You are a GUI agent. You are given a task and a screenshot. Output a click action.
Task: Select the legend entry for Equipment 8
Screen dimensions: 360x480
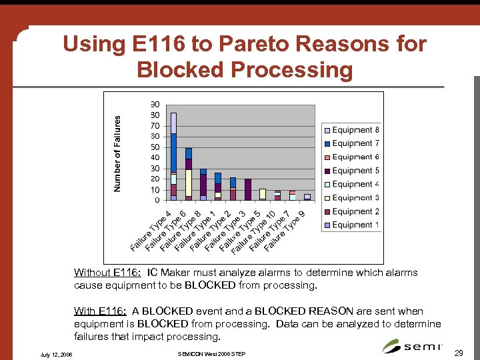351,130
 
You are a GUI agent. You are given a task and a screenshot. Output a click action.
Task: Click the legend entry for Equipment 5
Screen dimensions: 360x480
351,171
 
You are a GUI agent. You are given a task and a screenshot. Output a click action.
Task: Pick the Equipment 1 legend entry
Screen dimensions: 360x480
351,225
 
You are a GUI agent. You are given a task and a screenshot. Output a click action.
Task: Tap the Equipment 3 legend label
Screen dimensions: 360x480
351,198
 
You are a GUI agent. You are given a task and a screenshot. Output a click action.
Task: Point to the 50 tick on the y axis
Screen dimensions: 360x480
155,147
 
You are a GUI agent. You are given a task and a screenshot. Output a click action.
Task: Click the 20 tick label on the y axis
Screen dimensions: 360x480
155,179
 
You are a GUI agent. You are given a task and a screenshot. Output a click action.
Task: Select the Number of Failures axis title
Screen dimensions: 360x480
118,153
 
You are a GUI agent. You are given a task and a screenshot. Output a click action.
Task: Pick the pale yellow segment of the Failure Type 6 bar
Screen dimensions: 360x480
189,182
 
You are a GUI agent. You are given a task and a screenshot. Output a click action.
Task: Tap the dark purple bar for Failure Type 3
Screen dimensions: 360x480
248,189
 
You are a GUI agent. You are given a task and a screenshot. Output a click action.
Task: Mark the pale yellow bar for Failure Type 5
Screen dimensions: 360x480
263,194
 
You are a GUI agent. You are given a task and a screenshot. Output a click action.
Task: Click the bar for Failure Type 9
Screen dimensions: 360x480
307,197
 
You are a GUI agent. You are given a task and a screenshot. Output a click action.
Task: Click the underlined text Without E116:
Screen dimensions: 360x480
107,273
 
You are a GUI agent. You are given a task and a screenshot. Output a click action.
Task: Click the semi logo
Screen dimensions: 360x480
411,346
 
